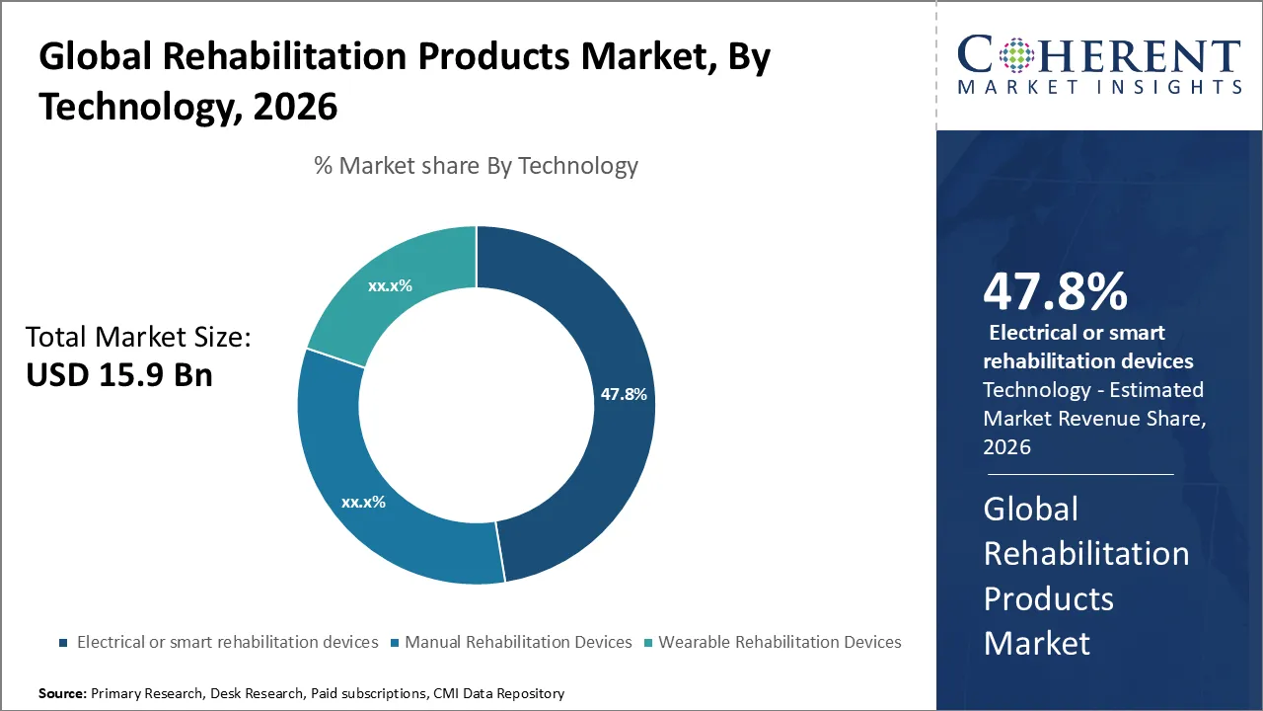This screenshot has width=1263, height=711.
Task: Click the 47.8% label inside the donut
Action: (x=624, y=394)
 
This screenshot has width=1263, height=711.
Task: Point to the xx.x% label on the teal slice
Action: (x=390, y=286)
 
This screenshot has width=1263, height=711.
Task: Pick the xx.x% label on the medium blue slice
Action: (x=363, y=502)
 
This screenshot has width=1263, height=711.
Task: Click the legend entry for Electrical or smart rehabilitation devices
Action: (x=227, y=642)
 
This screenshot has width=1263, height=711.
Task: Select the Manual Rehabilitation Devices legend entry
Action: (x=518, y=642)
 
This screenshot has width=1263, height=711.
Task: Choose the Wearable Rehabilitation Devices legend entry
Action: (x=780, y=642)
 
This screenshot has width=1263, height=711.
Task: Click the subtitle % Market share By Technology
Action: (x=476, y=165)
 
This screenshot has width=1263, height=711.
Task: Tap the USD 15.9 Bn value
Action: (x=118, y=375)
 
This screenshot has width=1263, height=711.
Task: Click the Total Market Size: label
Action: (x=138, y=337)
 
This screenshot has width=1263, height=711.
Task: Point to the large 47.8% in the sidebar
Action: (x=1055, y=291)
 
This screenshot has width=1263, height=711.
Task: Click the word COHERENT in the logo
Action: (x=1099, y=55)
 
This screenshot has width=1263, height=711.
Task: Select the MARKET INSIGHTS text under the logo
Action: (x=1099, y=87)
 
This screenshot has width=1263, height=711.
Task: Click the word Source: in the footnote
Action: (x=62, y=693)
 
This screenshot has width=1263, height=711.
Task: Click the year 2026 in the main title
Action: (x=295, y=107)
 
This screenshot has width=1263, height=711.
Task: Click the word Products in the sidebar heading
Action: (x=1048, y=598)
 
